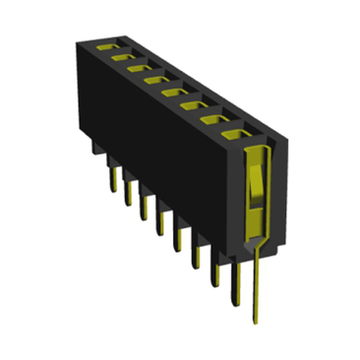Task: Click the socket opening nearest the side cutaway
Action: [234, 133]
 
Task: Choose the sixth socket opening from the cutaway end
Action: [139, 70]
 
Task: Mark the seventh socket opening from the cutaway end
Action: [123, 59]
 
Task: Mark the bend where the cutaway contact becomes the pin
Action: [258, 241]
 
